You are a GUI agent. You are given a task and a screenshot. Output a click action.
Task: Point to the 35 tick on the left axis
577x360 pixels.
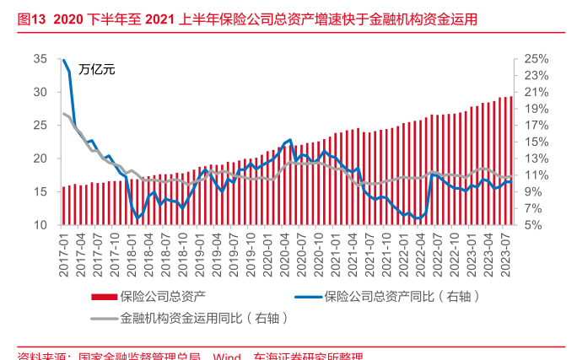coord(40,59)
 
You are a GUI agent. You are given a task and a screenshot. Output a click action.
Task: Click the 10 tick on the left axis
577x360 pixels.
coord(40,225)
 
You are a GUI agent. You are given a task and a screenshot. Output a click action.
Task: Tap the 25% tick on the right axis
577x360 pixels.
coord(536,59)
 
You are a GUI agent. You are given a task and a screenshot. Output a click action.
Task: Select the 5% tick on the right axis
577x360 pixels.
coord(536,225)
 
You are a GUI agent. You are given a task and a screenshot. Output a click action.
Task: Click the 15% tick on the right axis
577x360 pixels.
coord(536,142)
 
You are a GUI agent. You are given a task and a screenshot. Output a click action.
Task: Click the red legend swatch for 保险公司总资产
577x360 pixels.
coord(103,297)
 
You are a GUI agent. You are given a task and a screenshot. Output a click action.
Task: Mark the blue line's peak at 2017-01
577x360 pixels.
coord(64,60)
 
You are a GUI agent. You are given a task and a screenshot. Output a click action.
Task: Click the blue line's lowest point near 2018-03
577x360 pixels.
coord(138,218)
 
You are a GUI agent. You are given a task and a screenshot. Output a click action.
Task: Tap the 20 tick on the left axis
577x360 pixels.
coord(40,159)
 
